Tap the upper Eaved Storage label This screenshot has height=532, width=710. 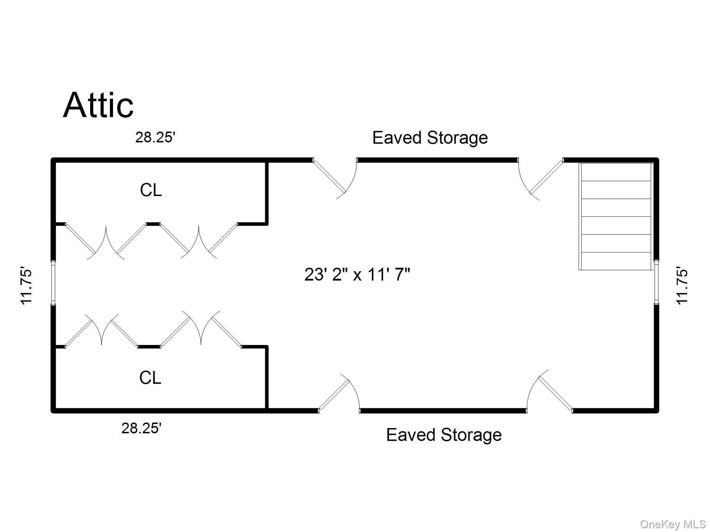coord(430,138)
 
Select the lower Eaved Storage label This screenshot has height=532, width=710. coord(444,435)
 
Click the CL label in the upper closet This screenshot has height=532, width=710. coord(151,190)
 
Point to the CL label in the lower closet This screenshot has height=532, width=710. coord(150,378)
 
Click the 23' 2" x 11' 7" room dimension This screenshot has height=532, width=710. coord(357,275)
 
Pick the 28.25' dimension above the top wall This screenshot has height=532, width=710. coord(155,138)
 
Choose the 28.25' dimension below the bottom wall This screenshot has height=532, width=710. coord(141,428)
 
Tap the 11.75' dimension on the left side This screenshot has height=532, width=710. coord(27,286)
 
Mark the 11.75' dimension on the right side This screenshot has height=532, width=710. coord(682,286)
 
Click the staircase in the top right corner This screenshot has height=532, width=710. coord(616,216)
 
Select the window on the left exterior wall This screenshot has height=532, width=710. coord(53,282)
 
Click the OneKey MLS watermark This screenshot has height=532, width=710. coord(673,524)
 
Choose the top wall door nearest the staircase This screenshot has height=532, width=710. coord(540,179)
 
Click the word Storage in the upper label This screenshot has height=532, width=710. coord(457,138)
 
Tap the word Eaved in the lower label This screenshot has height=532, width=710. coord(411,435)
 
